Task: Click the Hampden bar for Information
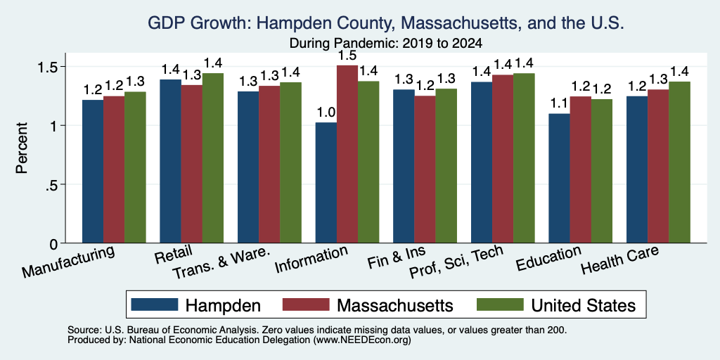pyautogui.click(x=326, y=182)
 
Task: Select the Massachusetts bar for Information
pyautogui.click(x=347, y=154)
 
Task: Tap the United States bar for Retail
pyautogui.click(x=212, y=158)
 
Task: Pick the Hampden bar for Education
pyautogui.click(x=559, y=178)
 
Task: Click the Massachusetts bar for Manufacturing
pyautogui.click(x=114, y=169)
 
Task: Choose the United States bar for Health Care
pyautogui.click(x=680, y=162)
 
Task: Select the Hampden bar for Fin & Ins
pyautogui.click(x=404, y=166)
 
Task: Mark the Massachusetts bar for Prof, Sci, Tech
pyautogui.click(x=503, y=159)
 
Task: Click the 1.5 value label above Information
pyautogui.click(x=347, y=56)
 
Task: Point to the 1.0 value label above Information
pyautogui.click(x=326, y=112)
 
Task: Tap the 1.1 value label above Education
pyautogui.click(x=559, y=104)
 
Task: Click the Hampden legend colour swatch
pyautogui.click(x=154, y=304)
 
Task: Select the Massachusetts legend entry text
pyautogui.click(x=395, y=305)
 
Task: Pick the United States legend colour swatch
pyautogui.click(x=500, y=304)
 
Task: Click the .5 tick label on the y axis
pyautogui.click(x=51, y=185)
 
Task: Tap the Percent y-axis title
pyautogui.click(x=22, y=148)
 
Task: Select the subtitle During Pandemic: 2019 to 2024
pyautogui.click(x=386, y=43)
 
